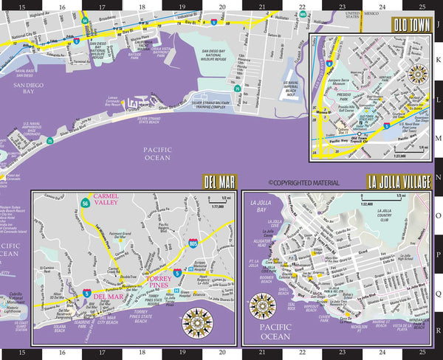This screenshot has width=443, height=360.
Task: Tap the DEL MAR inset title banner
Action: click(220, 181)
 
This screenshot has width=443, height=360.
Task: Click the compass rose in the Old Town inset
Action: click(418, 72)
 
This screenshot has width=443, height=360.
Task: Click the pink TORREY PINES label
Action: click(160, 283)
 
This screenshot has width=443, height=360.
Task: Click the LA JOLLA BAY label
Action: click(261, 206)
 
